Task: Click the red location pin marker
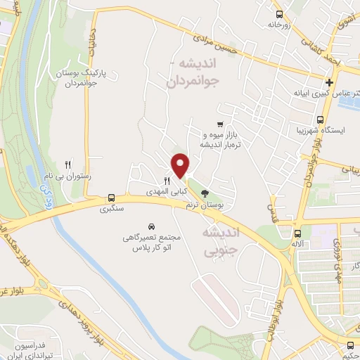pyautogui.click(x=181, y=166)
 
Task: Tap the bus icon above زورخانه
pyautogui.click(x=280, y=14)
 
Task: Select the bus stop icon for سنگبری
pyautogui.click(x=111, y=198)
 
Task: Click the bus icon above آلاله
pyautogui.click(x=298, y=233)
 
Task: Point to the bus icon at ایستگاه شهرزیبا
pyautogui.click(x=320, y=120)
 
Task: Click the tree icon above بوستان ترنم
pyautogui.click(x=205, y=193)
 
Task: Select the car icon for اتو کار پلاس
pyautogui.click(x=151, y=227)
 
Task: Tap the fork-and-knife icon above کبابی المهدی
pyautogui.click(x=167, y=180)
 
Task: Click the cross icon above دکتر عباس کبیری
pyautogui.click(x=329, y=82)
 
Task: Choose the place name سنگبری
pyautogui.click(x=112, y=209)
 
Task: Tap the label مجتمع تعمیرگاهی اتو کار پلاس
pyautogui.click(x=151, y=243)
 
